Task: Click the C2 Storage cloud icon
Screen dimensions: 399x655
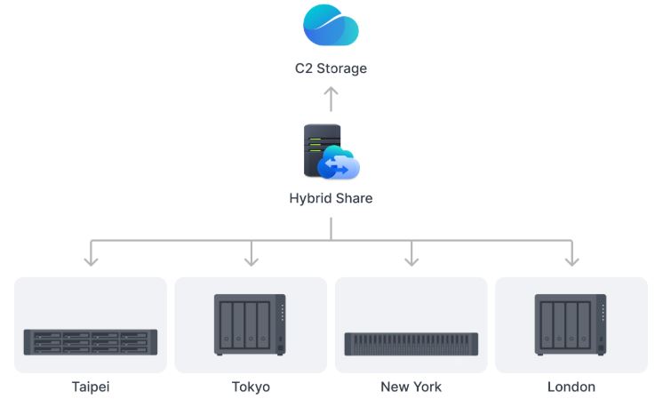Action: [331, 26]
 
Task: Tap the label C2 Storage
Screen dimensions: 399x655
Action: [331, 68]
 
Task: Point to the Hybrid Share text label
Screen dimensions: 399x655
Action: [331, 198]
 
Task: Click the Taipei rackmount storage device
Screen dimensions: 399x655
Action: [90, 342]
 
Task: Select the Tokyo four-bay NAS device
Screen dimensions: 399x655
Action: [250, 325]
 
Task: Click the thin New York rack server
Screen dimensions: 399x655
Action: [411, 344]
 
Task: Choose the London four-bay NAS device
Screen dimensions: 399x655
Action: [571, 325]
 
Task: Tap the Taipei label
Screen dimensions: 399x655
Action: [91, 387]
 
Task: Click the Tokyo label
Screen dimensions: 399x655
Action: [251, 387]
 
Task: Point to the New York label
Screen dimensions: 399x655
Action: [411, 387]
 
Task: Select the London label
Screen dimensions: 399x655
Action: [571, 387]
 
